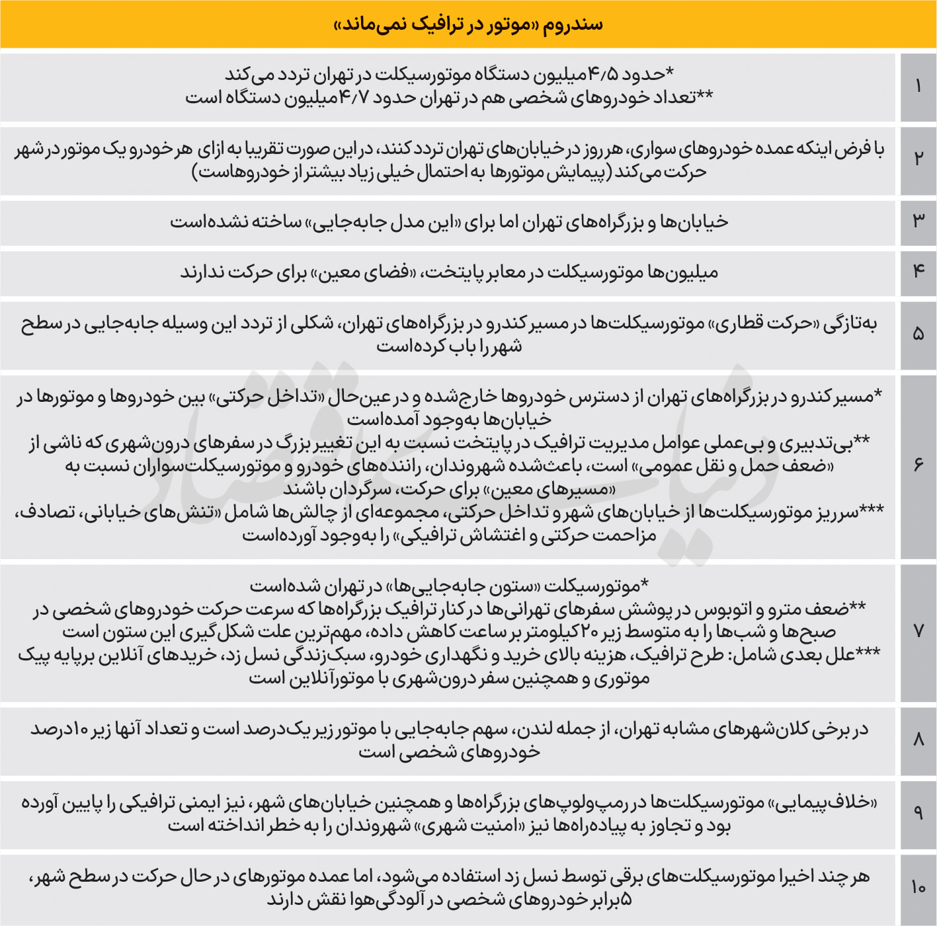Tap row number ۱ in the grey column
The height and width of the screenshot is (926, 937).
coord(918,87)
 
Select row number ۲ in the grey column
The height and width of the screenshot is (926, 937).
coord(918,159)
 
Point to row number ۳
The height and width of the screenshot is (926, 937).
coord(918,221)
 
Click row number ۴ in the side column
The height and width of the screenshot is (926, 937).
coord(918,271)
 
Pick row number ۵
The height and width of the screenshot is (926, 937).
coord(918,334)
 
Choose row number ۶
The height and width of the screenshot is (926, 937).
coord(918,465)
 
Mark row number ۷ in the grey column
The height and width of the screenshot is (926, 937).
coord(918,631)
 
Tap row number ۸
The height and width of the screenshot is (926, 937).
coord(918,740)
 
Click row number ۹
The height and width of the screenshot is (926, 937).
coord(918,813)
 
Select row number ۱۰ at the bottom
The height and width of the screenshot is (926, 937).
coord(918,888)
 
